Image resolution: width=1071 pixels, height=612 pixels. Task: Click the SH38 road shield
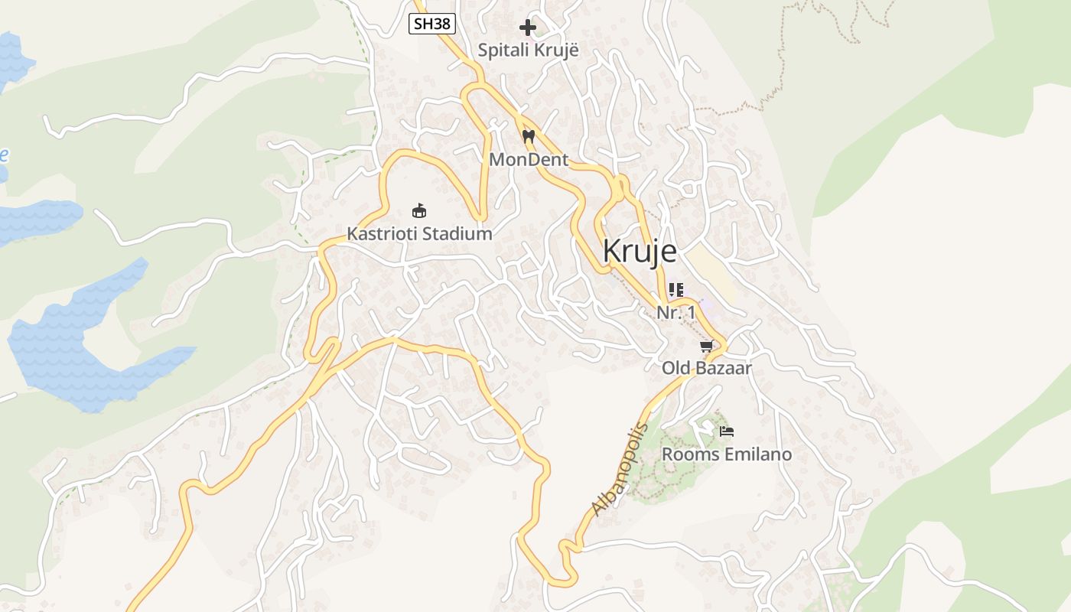tap(432, 24)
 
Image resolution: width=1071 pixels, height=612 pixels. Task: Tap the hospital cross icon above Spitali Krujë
tap(528, 28)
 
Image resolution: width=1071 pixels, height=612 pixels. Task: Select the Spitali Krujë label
tap(528, 50)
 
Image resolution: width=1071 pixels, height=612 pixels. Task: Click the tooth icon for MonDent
tap(528, 137)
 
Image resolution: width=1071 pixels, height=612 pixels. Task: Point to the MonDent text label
tap(529, 160)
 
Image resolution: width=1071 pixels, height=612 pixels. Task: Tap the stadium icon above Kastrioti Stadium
tap(419, 211)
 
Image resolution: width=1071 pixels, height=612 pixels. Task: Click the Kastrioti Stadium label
tap(419, 234)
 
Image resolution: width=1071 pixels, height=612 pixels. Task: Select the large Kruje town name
tap(640, 252)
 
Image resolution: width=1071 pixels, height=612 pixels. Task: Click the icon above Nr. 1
tap(675, 290)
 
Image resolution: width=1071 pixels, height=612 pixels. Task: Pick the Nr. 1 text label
tap(676, 312)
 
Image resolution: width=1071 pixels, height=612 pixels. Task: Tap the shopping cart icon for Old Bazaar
tap(707, 347)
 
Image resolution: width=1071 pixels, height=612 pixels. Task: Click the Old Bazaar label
tap(707, 368)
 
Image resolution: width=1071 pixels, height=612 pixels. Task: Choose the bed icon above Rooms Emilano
tap(727, 432)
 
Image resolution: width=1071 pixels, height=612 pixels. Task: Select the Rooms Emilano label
tap(726, 454)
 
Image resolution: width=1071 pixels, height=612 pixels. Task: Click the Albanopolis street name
tap(620, 470)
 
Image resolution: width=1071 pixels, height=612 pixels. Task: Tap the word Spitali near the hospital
tap(502, 50)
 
